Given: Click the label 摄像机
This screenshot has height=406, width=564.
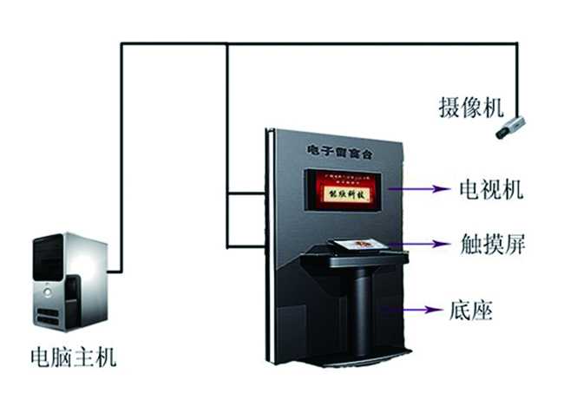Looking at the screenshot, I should pyautogui.click(x=471, y=108).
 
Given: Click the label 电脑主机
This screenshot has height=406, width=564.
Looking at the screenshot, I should pyautogui.click(x=73, y=357).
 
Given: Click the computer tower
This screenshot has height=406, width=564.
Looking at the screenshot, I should pyautogui.click(x=69, y=282).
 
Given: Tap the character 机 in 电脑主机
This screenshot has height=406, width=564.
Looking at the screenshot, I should pyautogui.click(x=105, y=357).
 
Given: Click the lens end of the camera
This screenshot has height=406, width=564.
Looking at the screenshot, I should pyautogui.click(x=502, y=132).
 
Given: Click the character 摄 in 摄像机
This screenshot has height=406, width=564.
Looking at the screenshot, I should pyautogui.click(x=449, y=108).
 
